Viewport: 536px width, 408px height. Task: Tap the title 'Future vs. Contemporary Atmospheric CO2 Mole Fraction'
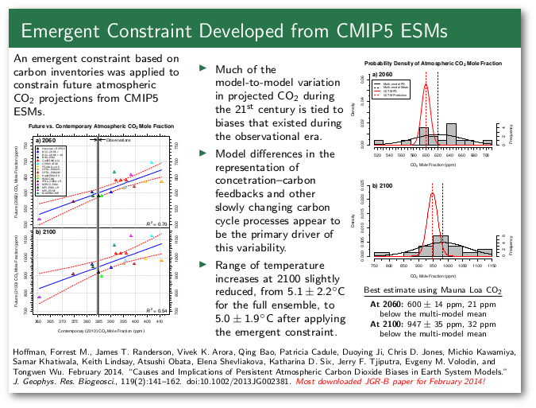[101, 126]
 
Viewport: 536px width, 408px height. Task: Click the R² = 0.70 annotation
[156, 224]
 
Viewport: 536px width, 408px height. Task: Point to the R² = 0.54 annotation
[156, 310]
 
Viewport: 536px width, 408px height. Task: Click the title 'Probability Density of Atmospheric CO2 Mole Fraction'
[433, 63]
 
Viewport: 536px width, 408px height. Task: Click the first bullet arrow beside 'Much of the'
[202, 68]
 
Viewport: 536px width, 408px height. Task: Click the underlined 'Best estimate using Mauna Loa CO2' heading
[432, 291]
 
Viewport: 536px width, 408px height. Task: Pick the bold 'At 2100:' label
[386, 325]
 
